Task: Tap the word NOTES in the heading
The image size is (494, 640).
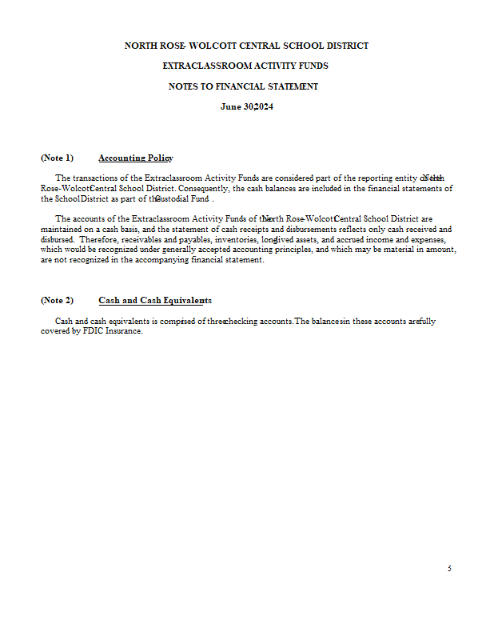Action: point(185,86)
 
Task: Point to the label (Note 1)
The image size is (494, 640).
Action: point(57,158)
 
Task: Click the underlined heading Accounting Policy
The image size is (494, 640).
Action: point(136,158)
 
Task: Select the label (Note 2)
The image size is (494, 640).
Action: point(57,300)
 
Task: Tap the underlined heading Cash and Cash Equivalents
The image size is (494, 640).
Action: point(155,300)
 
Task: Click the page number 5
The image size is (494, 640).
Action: point(449,569)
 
